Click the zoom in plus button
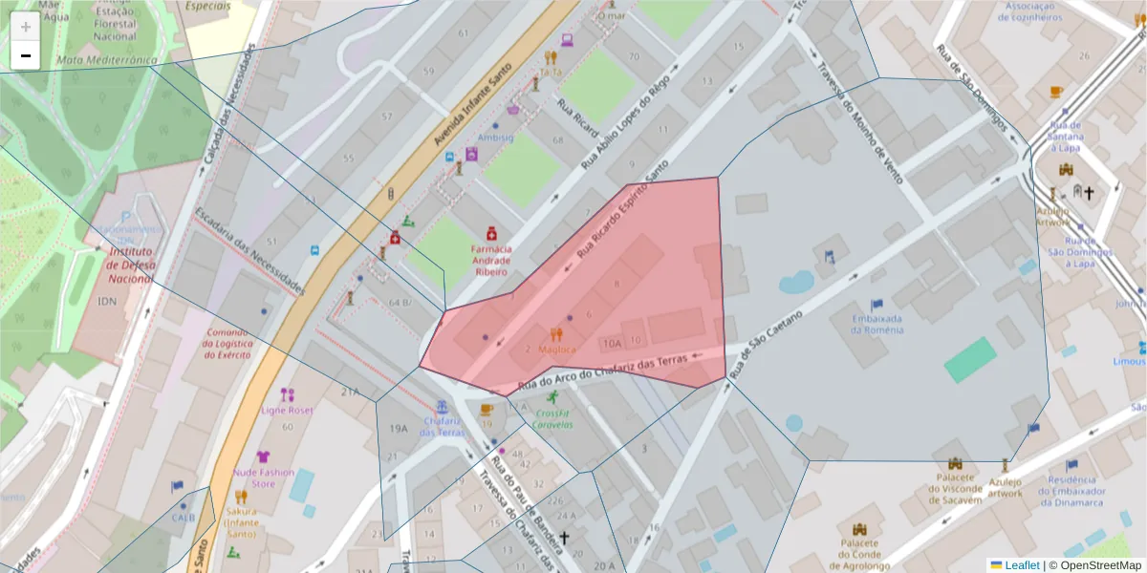26,27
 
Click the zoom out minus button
26,56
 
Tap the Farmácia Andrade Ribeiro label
490,260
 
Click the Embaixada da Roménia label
876,324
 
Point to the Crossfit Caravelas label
552,418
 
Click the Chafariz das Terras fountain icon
442,407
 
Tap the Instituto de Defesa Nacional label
130,265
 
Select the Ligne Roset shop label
287,410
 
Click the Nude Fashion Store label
263,477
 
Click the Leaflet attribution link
1021,565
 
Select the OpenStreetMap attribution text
1094,565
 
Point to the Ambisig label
495,138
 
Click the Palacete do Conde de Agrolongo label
859,553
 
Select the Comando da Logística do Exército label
227,344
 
